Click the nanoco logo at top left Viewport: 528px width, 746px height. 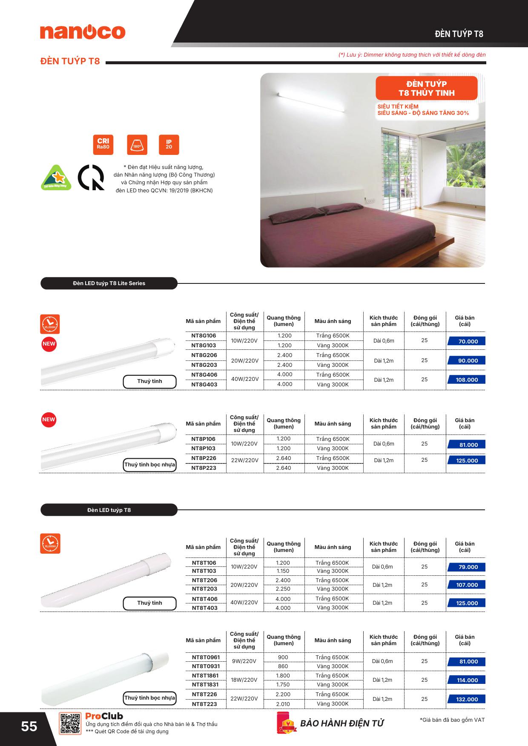tap(83, 32)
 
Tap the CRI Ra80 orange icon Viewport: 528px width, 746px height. tap(103, 145)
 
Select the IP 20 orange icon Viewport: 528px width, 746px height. tap(169, 145)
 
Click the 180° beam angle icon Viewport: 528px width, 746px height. tap(137, 145)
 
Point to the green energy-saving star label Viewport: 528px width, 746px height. tap(56, 177)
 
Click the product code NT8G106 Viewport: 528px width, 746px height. tap(204, 336)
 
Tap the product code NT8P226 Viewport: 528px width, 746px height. tap(204, 458)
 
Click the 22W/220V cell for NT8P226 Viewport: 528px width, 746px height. tap(244, 460)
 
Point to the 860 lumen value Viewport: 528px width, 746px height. tap(283, 666)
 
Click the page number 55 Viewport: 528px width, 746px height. tap(29, 726)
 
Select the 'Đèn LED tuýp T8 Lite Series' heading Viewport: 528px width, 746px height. tap(109, 283)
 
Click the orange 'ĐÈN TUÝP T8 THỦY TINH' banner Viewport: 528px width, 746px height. tap(426, 89)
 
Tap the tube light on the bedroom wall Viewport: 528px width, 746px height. tap(311, 102)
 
